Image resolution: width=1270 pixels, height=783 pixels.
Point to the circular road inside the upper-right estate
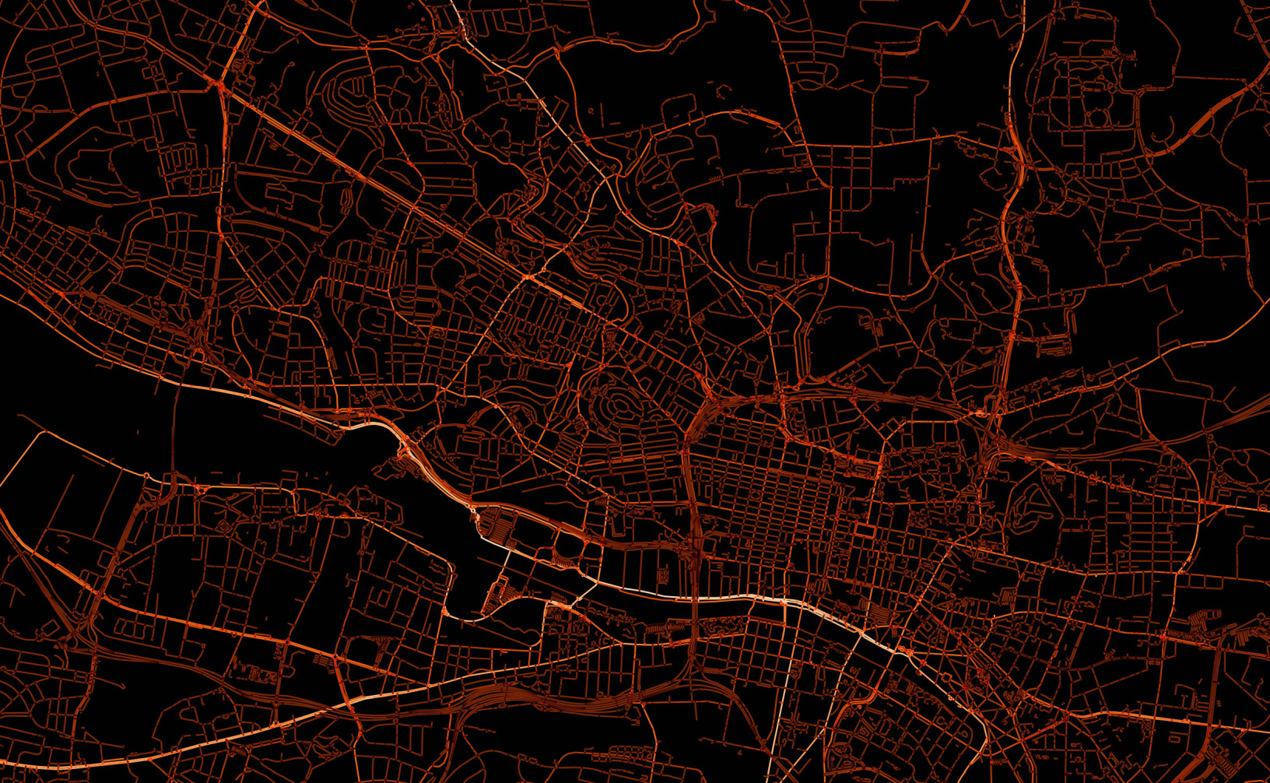[1096, 118]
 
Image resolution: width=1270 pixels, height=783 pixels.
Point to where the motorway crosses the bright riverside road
[692, 598]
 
